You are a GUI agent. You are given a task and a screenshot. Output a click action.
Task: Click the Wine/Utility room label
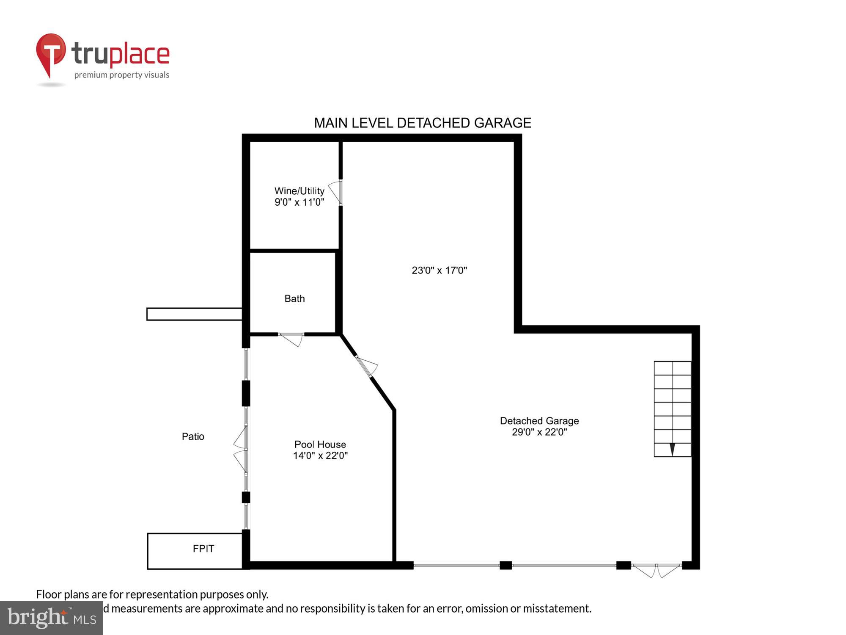click(299, 191)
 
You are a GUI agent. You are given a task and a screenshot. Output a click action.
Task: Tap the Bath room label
click(294, 299)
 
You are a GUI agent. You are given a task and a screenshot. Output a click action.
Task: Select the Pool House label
click(320, 444)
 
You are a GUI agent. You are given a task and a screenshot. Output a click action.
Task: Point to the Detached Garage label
click(539, 421)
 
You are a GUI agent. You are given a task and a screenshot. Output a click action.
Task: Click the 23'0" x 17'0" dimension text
click(439, 271)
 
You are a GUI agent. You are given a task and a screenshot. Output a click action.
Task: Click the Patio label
click(193, 436)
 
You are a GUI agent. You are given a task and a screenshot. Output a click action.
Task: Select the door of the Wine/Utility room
click(336, 193)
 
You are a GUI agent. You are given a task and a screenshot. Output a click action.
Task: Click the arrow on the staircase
click(672, 449)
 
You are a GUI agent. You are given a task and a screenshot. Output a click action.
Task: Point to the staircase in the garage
click(672, 409)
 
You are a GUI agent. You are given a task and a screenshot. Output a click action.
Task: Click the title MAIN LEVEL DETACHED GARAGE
click(422, 123)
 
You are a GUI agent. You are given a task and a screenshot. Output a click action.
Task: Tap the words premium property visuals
click(121, 75)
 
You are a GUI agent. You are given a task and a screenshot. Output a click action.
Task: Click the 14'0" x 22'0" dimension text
click(320, 456)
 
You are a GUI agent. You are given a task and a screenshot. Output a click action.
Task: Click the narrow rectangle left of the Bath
click(194, 314)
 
